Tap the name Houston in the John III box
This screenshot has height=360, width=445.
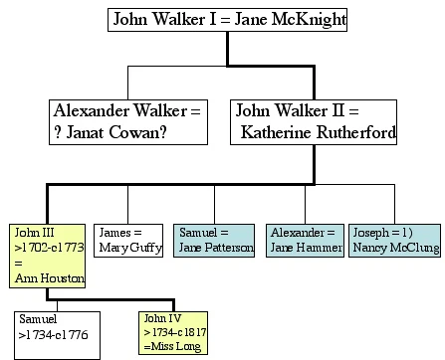(62, 277)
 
